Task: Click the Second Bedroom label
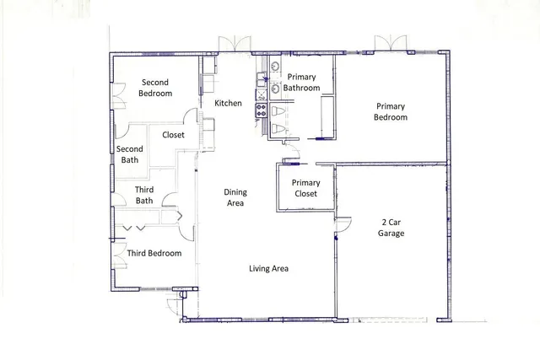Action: pyautogui.click(x=155, y=88)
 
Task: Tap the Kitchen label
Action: pyautogui.click(x=228, y=103)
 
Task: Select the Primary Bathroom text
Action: pyautogui.click(x=301, y=82)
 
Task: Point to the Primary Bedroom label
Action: pyautogui.click(x=391, y=111)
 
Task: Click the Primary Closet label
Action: pyautogui.click(x=305, y=188)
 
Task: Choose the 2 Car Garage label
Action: pyautogui.click(x=391, y=228)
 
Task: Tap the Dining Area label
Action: pyautogui.click(x=235, y=197)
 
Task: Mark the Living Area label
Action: pyautogui.click(x=269, y=269)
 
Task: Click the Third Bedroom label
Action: pyautogui.click(x=154, y=253)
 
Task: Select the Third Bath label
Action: pyautogui.click(x=144, y=196)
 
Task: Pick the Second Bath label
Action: pyautogui.click(x=129, y=154)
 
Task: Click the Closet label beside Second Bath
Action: pyautogui.click(x=173, y=134)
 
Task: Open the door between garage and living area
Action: pyautogui.click(x=342, y=226)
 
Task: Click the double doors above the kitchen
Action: pyautogui.click(x=230, y=44)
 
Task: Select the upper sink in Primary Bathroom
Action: pyautogui.click(x=276, y=67)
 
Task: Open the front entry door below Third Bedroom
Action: pyautogui.click(x=175, y=304)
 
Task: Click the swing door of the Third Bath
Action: pyautogui.click(x=170, y=201)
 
